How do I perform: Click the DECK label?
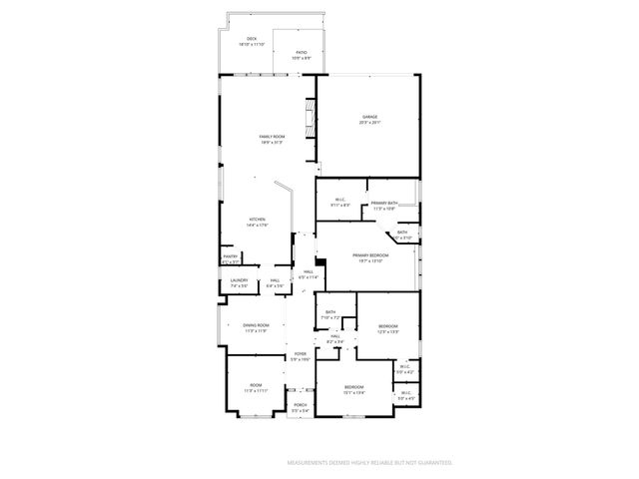click(x=251, y=39)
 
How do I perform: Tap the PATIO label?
click(x=301, y=52)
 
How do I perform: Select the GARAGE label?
click(x=369, y=117)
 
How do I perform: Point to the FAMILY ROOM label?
click(x=272, y=136)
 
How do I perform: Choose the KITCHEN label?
click(x=257, y=220)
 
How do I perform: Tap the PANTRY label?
click(x=230, y=256)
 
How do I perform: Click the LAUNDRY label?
click(x=239, y=280)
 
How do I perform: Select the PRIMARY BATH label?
click(x=384, y=204)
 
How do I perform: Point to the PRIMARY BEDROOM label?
click(x=369, y=255)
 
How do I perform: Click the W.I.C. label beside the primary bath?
click(x=339, y=200)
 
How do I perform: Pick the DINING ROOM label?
click(x=256, y=325)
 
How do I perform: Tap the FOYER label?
click(x=300, y=354)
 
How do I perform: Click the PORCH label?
click(x=300, y=404)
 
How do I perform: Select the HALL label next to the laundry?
click(x=275, y=280)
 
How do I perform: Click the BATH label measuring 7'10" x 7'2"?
click(x=330, y=313)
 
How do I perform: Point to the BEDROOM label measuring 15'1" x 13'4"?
click(x=353, y=386)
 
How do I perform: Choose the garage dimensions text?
click(x=369, y=123)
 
